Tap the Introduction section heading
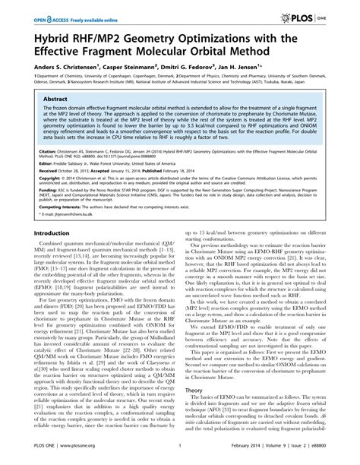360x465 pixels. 43,212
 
